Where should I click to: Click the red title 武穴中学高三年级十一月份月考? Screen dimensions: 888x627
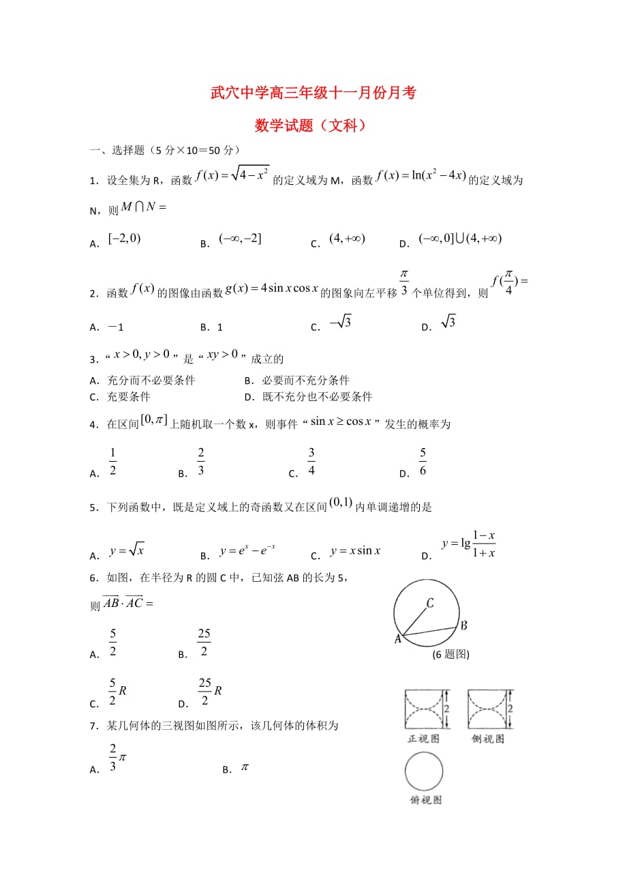coord(313,93)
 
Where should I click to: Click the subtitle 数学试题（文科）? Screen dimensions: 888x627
coord(314,125)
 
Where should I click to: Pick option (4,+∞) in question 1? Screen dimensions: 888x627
coord(347,239)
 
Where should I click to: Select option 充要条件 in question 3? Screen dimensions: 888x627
coord(129,396)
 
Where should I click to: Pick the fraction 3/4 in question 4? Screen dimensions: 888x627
coord(311,462)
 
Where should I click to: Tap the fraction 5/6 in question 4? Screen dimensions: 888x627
coord(423,462)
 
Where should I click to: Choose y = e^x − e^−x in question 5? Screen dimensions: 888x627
coord(247,550)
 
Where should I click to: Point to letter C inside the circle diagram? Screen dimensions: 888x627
coord(430,603)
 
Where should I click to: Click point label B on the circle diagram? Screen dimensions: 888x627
coord(463,625)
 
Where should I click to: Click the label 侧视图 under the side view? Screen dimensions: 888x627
coord(488,739)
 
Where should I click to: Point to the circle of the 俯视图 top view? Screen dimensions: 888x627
coord(424,771)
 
